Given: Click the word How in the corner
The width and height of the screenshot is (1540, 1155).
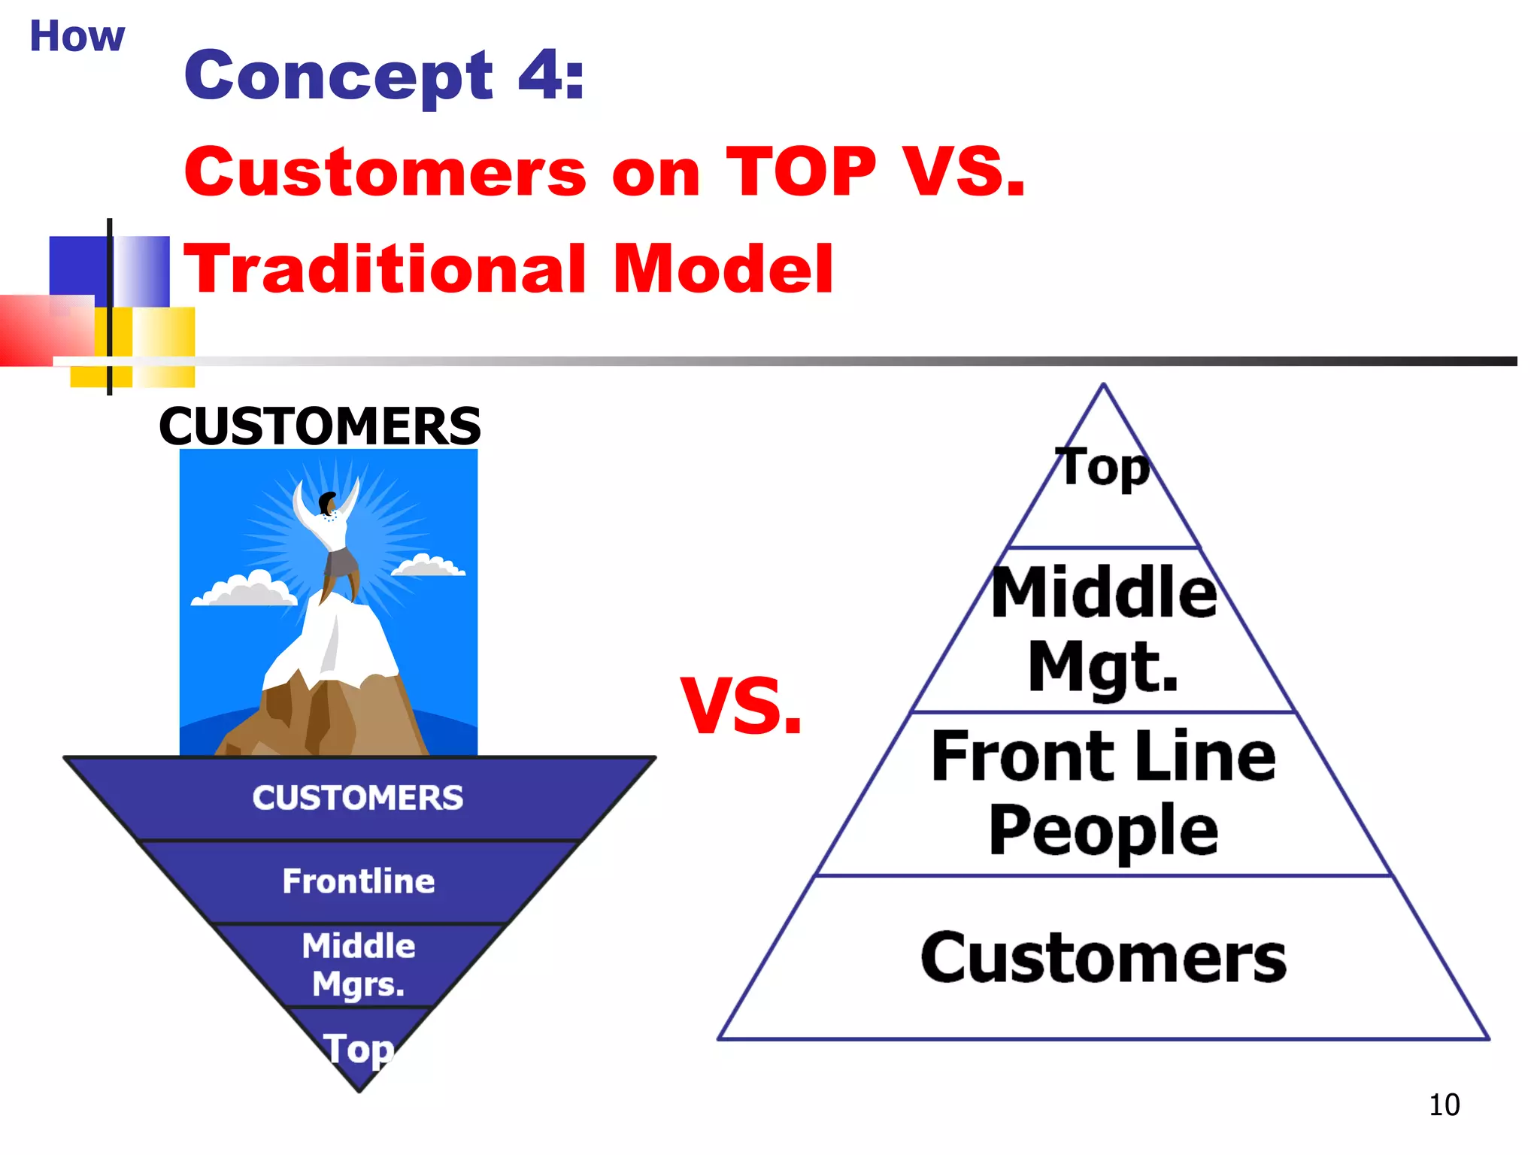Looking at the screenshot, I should click(77, 36).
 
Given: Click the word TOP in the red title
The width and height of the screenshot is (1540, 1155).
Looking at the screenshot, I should click(801, 172).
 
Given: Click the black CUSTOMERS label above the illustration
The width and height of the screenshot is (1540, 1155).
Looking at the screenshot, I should click(320, 426).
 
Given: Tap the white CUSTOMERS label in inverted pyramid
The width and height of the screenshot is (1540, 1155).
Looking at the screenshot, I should click(358, 798).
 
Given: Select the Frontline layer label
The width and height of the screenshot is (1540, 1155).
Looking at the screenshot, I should click(359, 881).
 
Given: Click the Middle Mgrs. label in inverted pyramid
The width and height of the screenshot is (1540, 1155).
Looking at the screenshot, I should click(359, 965).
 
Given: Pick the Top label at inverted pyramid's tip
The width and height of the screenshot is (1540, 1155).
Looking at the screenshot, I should click(359, 1048).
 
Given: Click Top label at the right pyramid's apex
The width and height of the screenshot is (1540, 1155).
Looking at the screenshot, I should click(1103, 468).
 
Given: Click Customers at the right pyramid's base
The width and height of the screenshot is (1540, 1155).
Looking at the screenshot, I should click(1103, 957).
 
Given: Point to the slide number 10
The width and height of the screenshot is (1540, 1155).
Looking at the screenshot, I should click(1444, 1105).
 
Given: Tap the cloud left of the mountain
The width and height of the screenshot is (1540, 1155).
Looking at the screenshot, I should click(244, 590).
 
